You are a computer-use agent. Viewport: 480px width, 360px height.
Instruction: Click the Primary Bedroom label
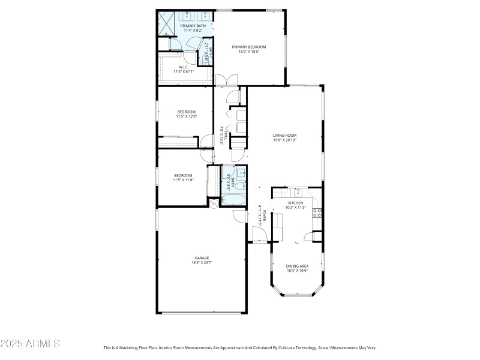click(249, 47)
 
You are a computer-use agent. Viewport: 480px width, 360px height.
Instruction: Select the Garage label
click(201, 258)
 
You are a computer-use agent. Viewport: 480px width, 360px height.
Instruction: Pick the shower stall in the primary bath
click(166, 23)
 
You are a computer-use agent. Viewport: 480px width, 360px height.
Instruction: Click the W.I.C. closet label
click(184, 67)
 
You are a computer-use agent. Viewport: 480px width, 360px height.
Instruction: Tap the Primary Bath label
click(193, 26)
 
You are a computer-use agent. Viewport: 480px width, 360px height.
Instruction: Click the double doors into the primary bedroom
click(227, 80)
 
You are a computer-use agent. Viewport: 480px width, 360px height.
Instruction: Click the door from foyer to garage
click(239, 217)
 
